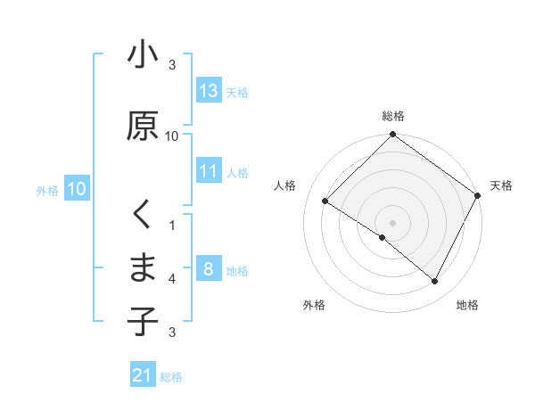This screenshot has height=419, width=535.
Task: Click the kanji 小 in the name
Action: tap(143, 55)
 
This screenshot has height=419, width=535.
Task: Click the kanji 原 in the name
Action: tap(143, 126)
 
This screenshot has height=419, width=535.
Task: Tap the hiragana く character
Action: tap(143, 215)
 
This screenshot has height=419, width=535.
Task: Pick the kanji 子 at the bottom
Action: tap(143, 322)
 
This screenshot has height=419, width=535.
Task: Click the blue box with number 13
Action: tap(209, 90)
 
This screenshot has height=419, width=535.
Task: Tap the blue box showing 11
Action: tap(209, 171)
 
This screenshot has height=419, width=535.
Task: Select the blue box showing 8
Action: tap(209, 269)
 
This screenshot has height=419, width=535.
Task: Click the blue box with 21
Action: tap(143, 375)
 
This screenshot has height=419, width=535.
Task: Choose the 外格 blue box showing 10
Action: tap(77, 189)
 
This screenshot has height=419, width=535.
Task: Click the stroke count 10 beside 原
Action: tap(172, 136)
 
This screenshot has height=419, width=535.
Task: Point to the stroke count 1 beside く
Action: tap(172, 225)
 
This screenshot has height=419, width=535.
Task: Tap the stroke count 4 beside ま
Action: tap(172, 279)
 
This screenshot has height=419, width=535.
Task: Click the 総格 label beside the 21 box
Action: tap(172, 377)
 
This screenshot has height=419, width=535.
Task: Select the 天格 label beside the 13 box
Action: tap(237, 92)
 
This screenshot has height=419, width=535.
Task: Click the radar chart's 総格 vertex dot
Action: tap(392, 136)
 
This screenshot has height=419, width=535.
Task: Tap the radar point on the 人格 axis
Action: tap(325, 201)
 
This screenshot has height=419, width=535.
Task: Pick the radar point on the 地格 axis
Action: tap(435, 282)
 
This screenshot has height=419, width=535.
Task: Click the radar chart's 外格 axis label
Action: tap(314, 305)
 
